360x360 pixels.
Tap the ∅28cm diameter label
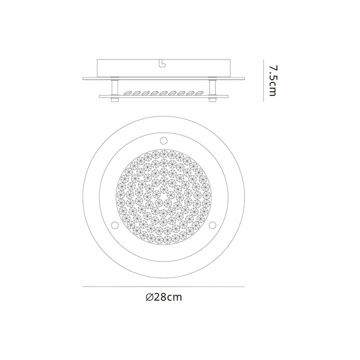point(163,297)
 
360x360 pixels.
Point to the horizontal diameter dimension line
point(163,286)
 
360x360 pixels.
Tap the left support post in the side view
point(114,88)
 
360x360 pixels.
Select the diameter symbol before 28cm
point(149,297)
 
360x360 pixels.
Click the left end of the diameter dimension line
point(83,286)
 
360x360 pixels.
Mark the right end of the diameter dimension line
point(244,286)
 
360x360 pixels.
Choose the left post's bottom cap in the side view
point(114,101)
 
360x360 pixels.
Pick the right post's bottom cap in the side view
point(212,101)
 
